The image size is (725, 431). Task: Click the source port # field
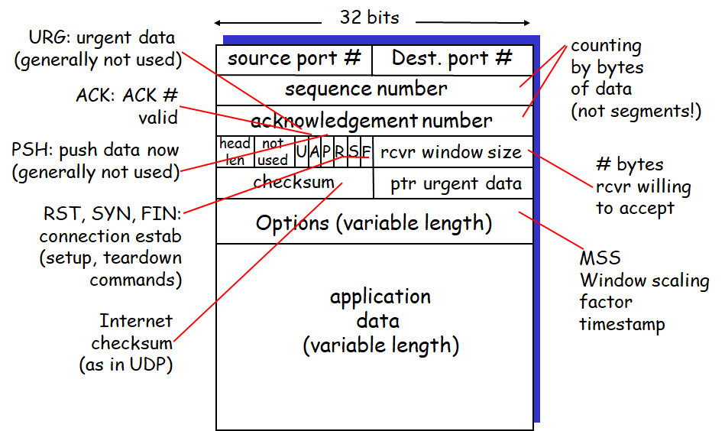click(x=294, y=59)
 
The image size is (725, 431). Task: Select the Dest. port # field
click(x=452, y=59)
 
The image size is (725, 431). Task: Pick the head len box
click(x=235, y=152)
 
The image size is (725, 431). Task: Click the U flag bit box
click(x=301, y=152)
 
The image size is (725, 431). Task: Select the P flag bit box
click(x=326, y=152)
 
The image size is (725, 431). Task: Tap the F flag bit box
click(x=366, y=152)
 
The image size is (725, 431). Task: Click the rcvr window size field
click(x=452, y=152)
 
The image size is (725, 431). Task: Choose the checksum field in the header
click(x=294, y=183)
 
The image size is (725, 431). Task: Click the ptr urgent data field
click(x=455, y=183)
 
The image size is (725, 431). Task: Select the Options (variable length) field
click(x=374, y=222)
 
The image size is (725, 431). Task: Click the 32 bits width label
click(x=369, y=18)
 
